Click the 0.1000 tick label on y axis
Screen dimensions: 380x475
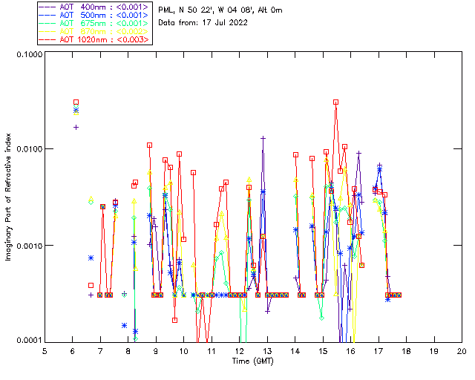pos(28,55)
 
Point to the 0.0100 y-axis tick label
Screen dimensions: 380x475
pos(28,149)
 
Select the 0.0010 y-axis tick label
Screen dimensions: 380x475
pos(28,245)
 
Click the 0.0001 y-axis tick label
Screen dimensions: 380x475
pos(28,340)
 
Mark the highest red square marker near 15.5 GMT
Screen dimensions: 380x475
pos(335,102)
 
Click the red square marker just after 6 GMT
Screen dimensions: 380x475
pos(76,102)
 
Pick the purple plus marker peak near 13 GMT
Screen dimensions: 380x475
pos(263,138)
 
